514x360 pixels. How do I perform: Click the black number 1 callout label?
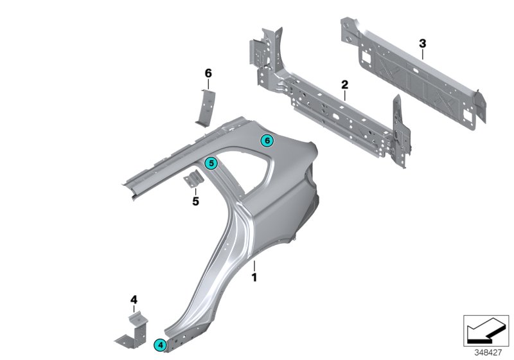(254, 278)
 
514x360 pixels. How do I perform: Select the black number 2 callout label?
(344, 85)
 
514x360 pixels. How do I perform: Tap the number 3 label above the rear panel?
(422, 43)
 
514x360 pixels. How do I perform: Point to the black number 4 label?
(134, 299)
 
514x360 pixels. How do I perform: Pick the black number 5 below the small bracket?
(196, 201)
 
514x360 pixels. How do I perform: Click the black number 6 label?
(208, 73)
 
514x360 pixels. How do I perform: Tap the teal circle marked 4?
(160, 345)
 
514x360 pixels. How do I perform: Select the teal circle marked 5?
(210, 164)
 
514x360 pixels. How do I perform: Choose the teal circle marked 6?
(267, 140)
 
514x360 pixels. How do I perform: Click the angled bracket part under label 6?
(206, 106)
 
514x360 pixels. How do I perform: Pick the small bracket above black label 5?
(193, 181)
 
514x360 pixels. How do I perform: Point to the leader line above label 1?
(254, 265)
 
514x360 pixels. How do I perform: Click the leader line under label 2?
(344, 95)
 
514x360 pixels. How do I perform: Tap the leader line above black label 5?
(196, 192)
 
